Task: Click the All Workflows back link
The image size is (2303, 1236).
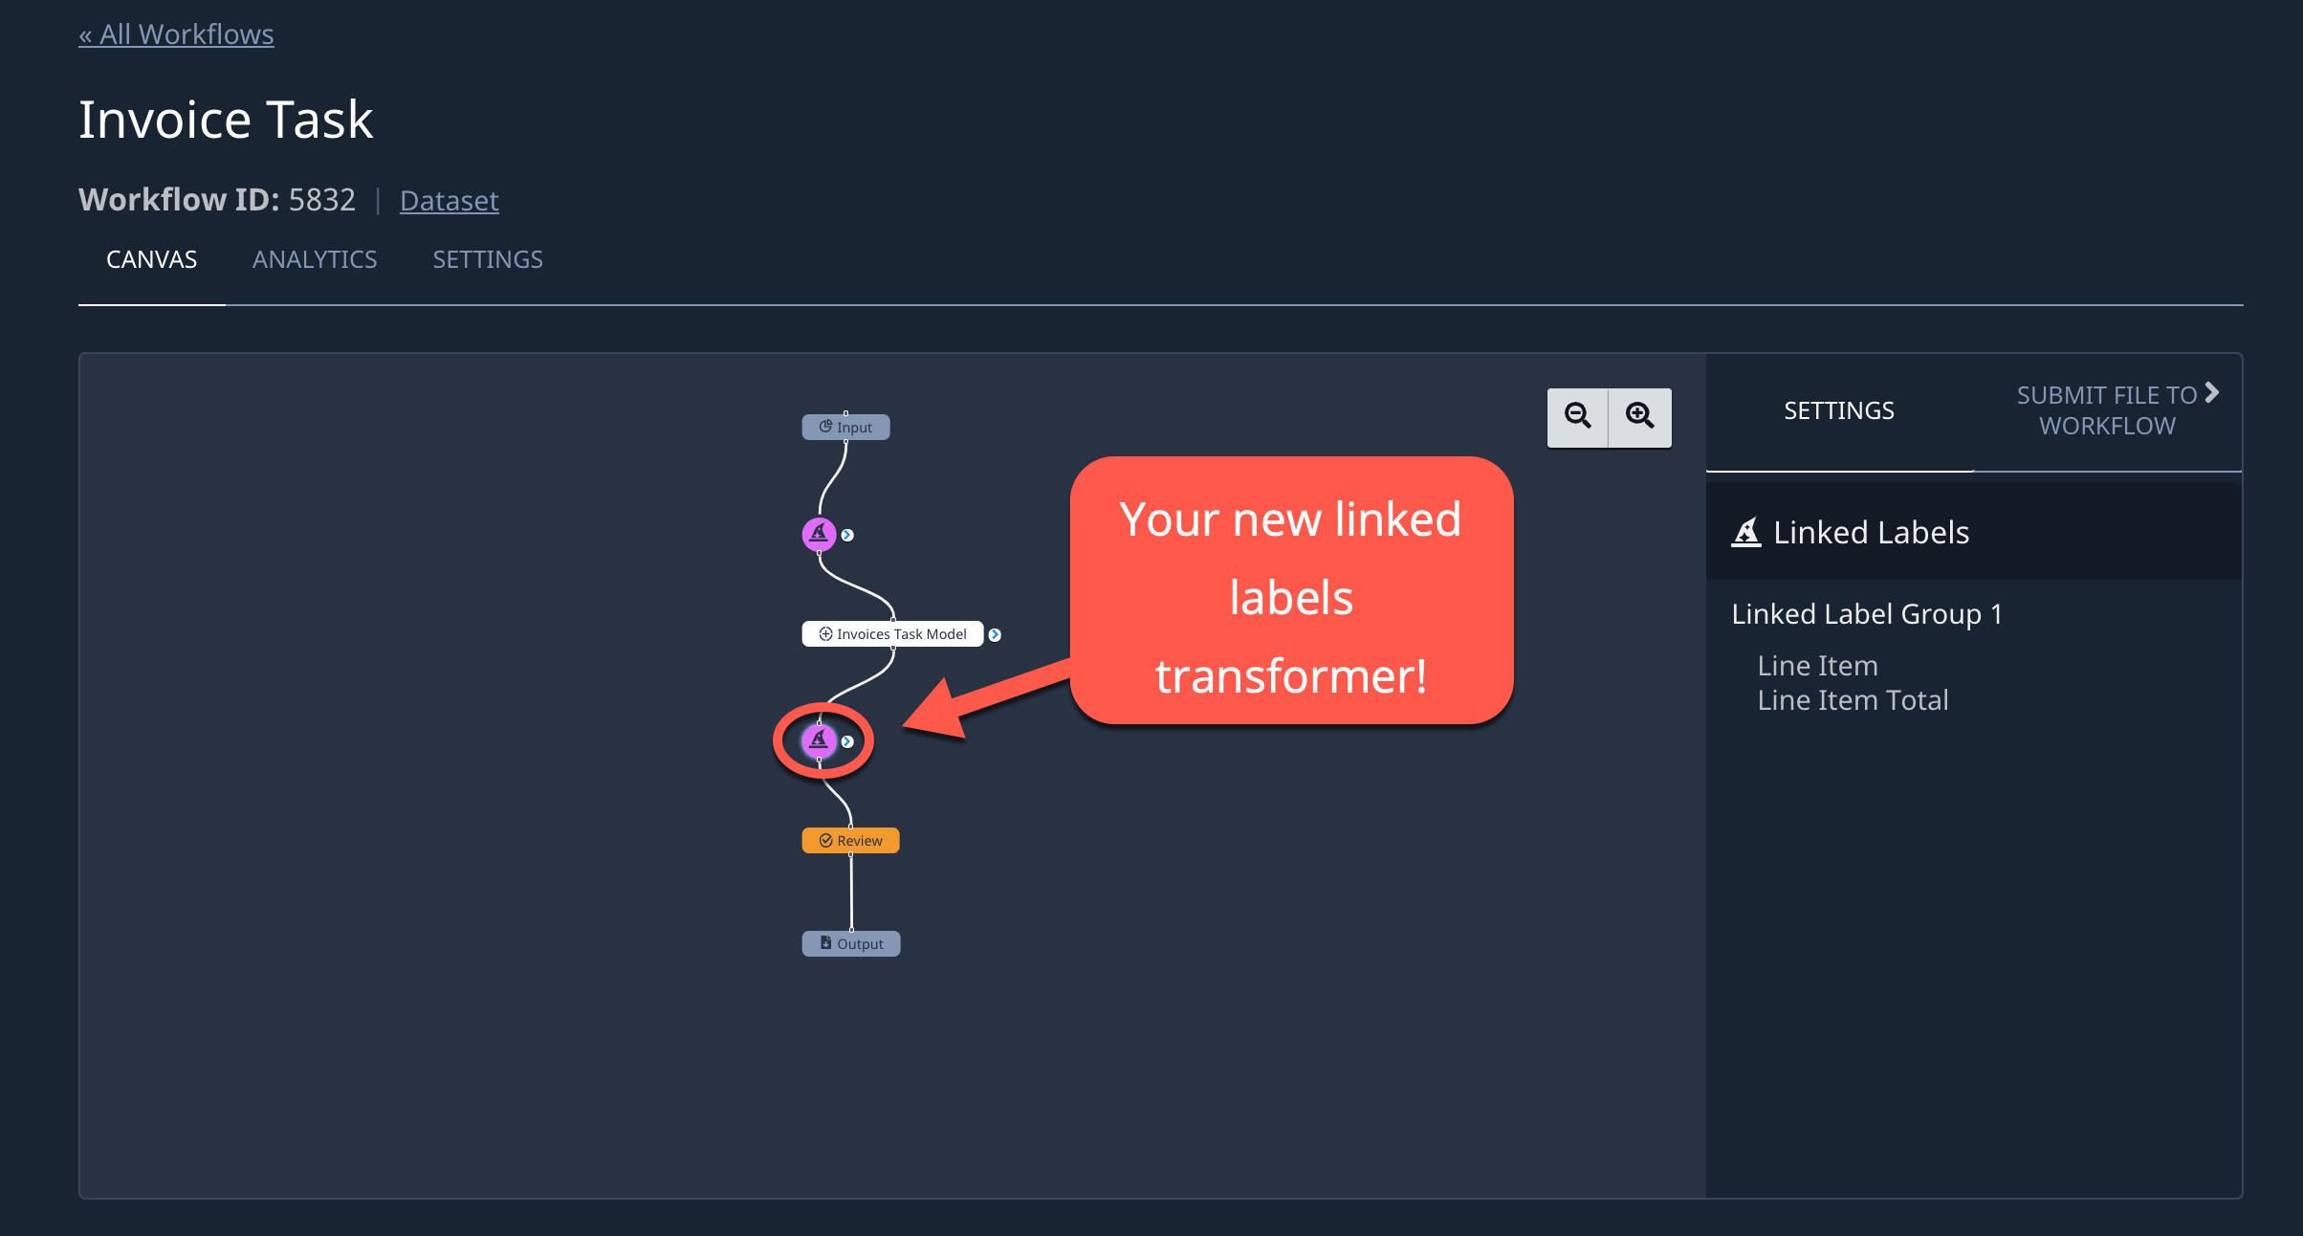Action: pyautogui.click(x=176, y=34)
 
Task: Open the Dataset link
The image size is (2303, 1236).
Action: pyautogui.click(x=449, y=200)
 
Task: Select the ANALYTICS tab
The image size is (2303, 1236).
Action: pyautogui.click(x=315, y=259)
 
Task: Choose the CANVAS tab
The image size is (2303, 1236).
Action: pyautogui.click(x=151, y=259)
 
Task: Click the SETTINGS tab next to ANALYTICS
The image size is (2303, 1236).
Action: pyautogui.click(x=488, y=259)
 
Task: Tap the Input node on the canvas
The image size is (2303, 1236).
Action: pyautogui.click(x=845, y=427)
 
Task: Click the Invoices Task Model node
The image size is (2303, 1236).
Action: pyautogui.click(x=892, y=633)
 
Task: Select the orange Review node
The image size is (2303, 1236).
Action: pyautogui.click(x=850, y=840)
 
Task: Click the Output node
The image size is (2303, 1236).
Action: pyautogui.click(x=851, y=943)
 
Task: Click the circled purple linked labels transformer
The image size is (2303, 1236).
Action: pyautogui.click(x=819, y=740)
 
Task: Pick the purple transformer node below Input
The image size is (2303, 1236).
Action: pyautogui.click(x=819, y=534)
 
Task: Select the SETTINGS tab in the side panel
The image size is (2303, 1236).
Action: pyautogui.click(x=1839, y=410)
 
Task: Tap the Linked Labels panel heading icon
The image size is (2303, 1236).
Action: pyautogui.click(x=1746, y=532)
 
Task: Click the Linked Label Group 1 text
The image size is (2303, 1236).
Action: pyautogui.click(x=1867, y=613)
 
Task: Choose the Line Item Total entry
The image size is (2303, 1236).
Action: pyautogui.click(x=1853, y=700)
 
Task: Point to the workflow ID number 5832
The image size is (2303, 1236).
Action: pyautogui.click(x=322, y=199)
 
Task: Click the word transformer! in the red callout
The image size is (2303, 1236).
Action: pyautogui.click(x=1291, y=675)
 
